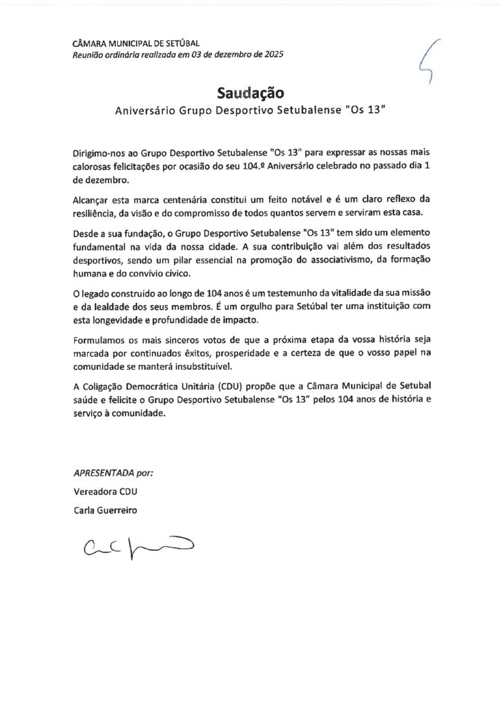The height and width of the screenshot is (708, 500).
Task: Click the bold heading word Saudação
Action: point(250,93)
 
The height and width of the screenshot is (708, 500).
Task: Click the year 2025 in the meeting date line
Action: point(270,55)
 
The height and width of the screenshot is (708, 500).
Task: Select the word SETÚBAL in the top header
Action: point(180,44)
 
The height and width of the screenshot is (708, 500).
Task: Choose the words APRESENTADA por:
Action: point(113,474)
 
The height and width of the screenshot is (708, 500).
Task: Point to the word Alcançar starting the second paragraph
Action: point(92,199)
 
